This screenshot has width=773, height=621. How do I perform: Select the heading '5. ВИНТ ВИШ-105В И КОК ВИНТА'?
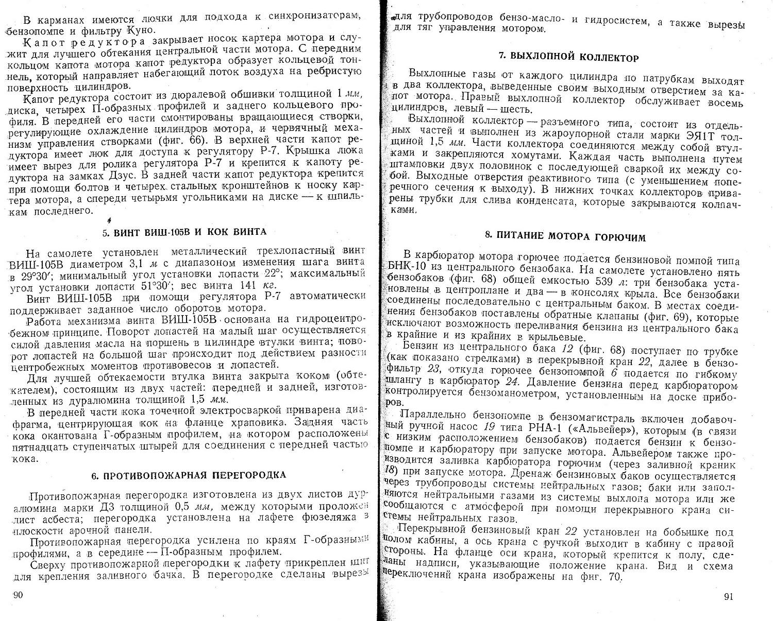(184, 232)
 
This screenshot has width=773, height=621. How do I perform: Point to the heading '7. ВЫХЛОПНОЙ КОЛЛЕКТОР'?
(569, 58)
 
